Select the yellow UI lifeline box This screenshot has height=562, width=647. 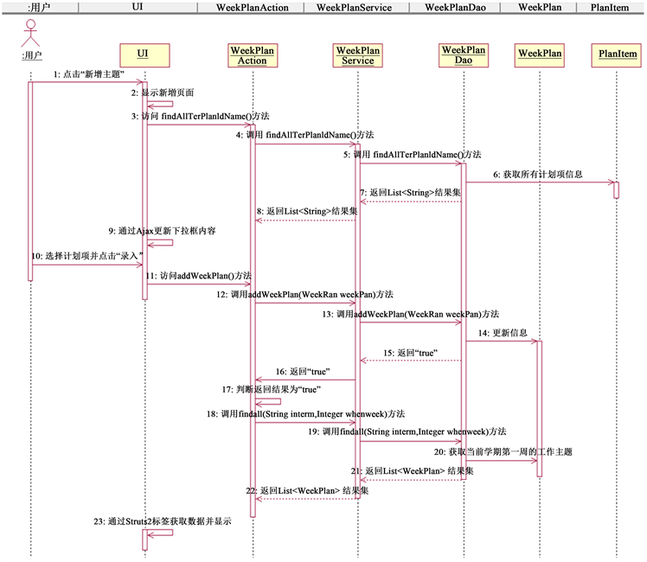(x=143, y=54)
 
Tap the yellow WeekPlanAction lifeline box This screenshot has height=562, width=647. (x=253, y=55)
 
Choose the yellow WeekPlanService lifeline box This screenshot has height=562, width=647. (x=357, y=55)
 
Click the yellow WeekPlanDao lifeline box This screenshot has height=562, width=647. (x=464, y=55)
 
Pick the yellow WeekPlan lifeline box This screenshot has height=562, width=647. (x=540, y=54)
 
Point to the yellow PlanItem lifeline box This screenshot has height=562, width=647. (x=617, y=54)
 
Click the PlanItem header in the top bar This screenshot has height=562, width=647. (x=617, y=7)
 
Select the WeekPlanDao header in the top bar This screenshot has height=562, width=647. (x=459, y=7)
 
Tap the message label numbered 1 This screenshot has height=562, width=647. (x=88, y=75)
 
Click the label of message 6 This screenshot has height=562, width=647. (x=537, y=174)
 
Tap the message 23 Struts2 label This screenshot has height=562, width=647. (x=162, y=521)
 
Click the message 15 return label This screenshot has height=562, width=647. (x=410, y=353)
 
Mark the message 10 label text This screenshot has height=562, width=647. (x=86, y=257)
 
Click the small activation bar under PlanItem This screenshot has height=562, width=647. (x=617, y=189)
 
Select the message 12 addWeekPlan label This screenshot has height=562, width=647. (x=305, y=295)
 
